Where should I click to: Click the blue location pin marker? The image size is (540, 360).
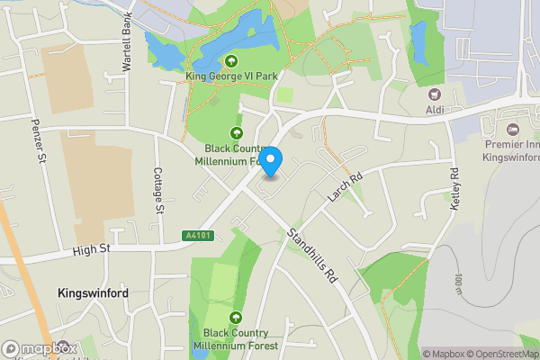pyautogui.click(x=271, y=159)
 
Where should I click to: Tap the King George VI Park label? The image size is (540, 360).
pyautogui.click(x=231, y=76)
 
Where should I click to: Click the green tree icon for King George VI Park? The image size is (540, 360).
pyautogui.click(x=232, y=61)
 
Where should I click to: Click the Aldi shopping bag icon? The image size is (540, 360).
pyautogui.click(x=436, y=94)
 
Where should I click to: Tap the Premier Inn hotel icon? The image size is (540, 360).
pyautogui.click(x=513, y=130)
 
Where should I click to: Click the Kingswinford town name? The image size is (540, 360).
pyautogui.click(x=93, y=293)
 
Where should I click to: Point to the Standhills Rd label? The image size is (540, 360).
pyautogui.click(x=311, y=256)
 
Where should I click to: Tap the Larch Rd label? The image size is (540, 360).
pyautogui.click(x=345, y=184)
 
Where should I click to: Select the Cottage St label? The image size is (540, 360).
pyautogui.click(x=158, y=190)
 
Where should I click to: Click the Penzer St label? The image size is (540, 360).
pyautogui.click(x=38, y=141)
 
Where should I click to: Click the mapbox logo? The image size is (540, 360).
pyautogui.click(x=40, y=348)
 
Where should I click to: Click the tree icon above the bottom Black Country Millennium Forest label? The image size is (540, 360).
pyautogui.click(x=236, y=318)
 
